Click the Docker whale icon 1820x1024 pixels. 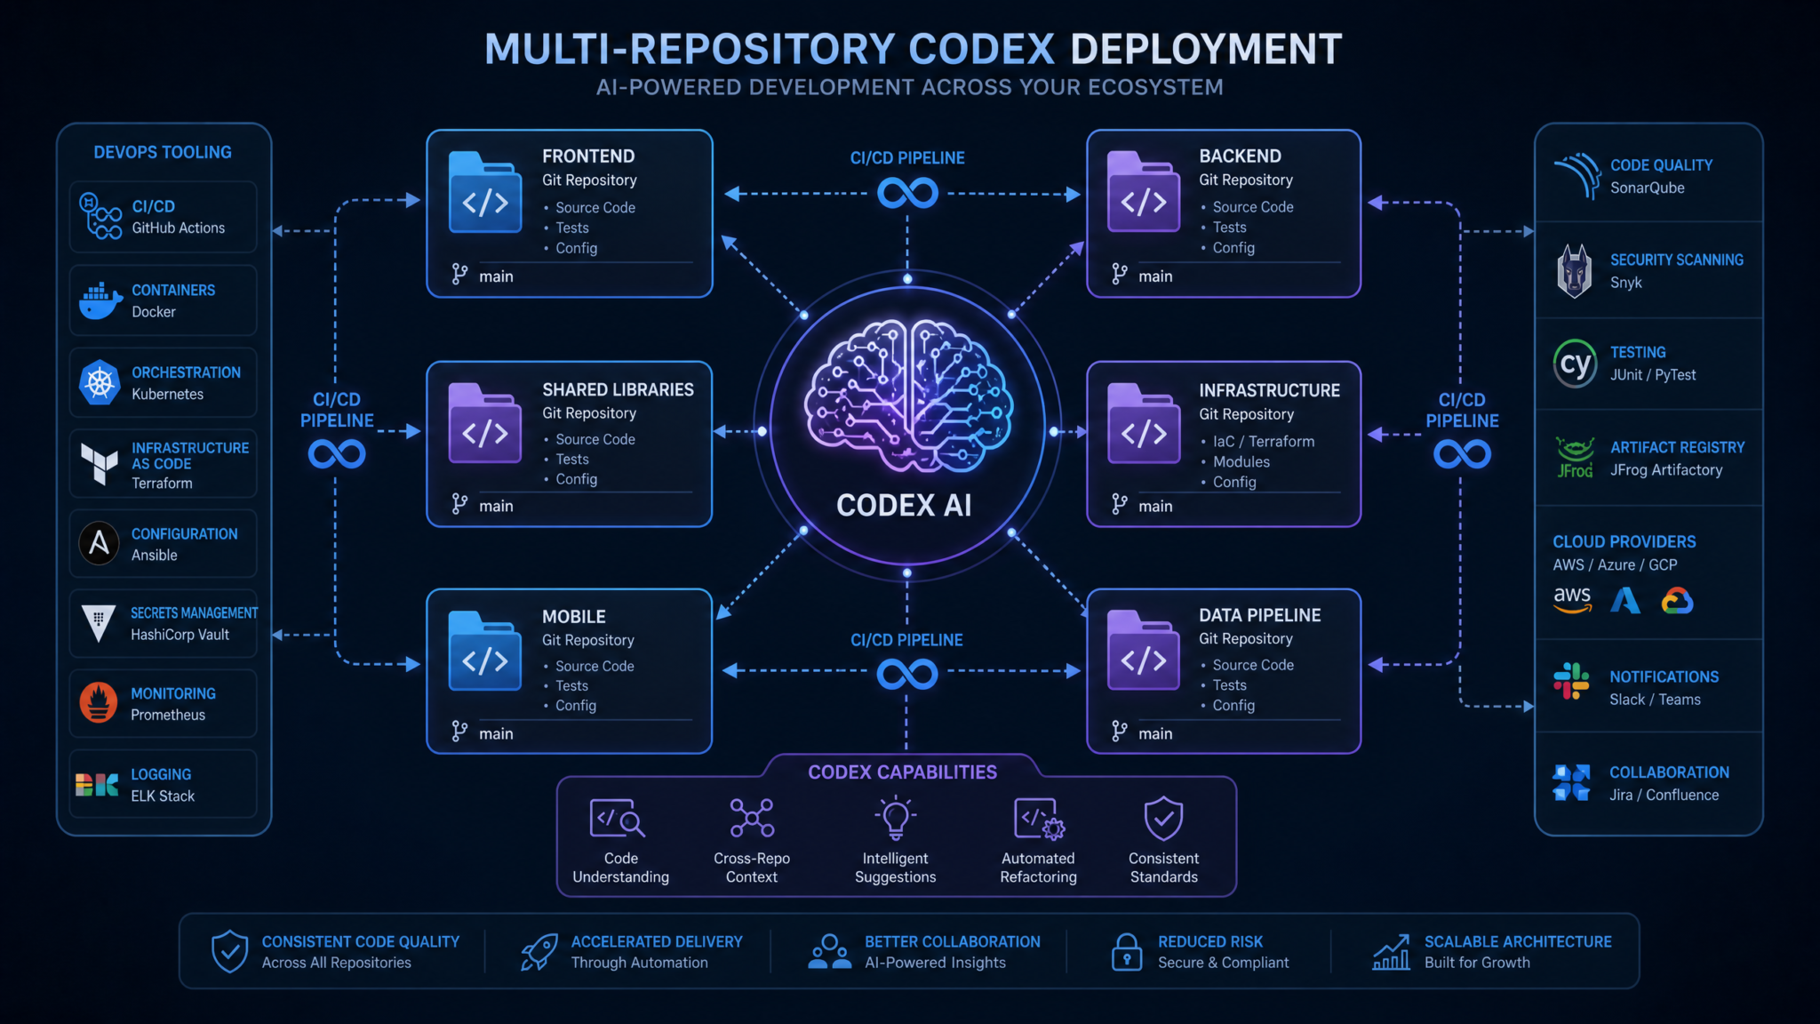[100, 300]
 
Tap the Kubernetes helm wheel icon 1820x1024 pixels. [100, 383]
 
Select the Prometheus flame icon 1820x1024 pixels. [99, 702]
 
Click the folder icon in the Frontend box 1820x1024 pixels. [484, 192]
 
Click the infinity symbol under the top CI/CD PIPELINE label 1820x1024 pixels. [907, 193]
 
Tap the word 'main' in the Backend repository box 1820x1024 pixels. [1155, 276]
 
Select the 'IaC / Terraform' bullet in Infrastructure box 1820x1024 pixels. [1263, 442]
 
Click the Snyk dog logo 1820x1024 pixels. [1574, 270]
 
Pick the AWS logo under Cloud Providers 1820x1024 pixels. [1572, 600]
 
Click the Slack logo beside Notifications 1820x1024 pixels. [1571, 682]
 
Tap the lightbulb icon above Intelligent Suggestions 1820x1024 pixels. [895, 818]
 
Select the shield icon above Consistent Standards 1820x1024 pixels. [1163, 818]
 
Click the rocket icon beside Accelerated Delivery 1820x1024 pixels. [539, 952]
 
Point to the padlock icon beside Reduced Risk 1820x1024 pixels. [1127, 952]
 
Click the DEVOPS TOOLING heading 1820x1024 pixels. [163, 153]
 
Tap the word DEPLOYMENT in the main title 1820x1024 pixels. [1206, 49]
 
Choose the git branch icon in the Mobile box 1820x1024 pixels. [459, 732]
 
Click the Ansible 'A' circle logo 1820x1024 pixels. [99, 543]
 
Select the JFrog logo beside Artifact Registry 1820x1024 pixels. [1574, 457]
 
